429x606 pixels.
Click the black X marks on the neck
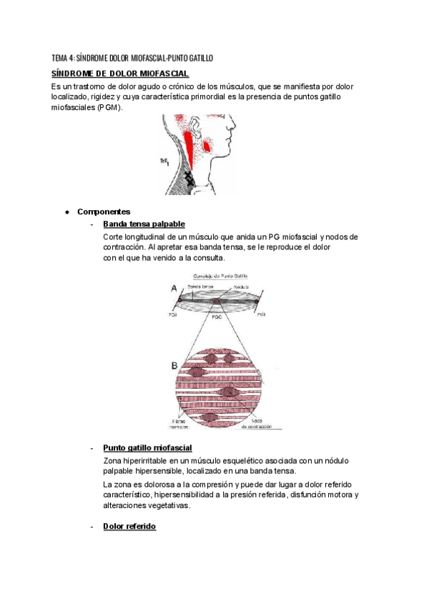(x=190, y=179)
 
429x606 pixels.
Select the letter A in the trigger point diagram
(x=174, y=287)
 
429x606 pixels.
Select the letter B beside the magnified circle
(x=174, y=366)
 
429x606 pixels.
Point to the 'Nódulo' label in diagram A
(x=240, y=286)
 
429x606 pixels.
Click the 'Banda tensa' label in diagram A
(x=199, y=286)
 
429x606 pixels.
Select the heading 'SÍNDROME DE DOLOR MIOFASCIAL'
(x=120, y=73)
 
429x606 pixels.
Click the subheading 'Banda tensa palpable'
(x=144, y=224)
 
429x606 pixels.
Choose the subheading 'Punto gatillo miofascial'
(x=147, y=447)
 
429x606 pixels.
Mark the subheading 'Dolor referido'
(x=129, y=526)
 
